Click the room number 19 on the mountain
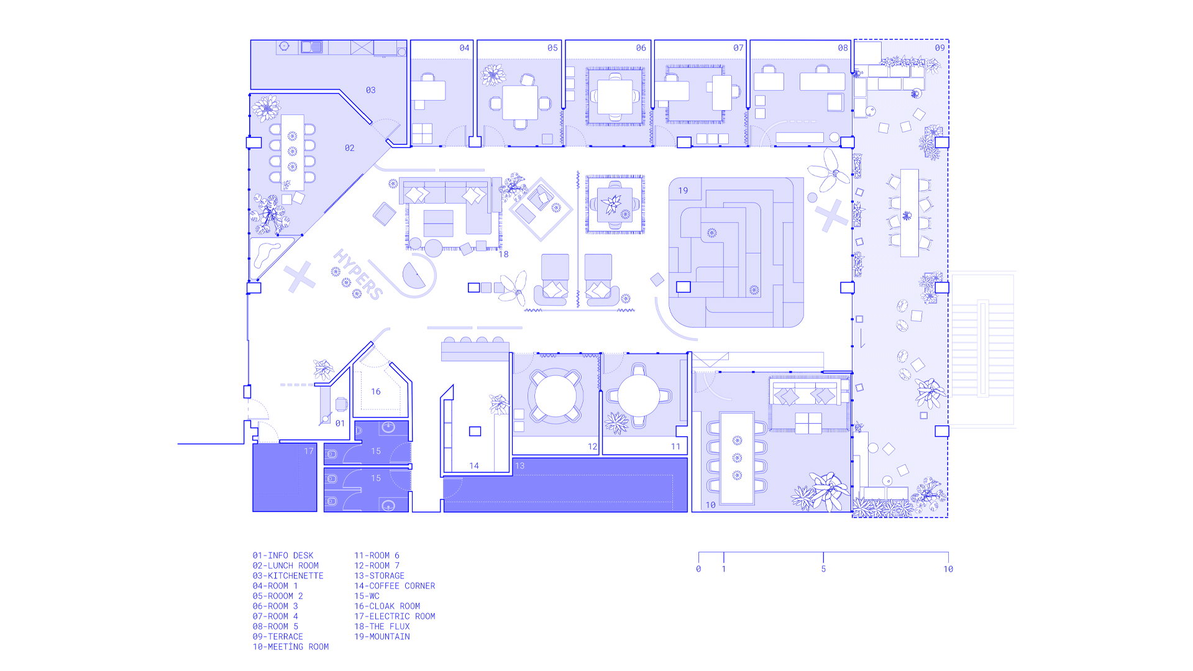tap(683, 191)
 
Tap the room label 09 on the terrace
tap(939, 48)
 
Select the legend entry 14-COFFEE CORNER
tap(395, 586)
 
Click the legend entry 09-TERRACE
tap(278, 637)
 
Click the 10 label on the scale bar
tap(948, 569)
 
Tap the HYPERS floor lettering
tap(357, 274)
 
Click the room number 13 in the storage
tap(519, 465)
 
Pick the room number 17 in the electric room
tap(309, 451)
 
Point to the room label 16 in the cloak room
tap(376, 391)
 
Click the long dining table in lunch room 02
tap(293, 152)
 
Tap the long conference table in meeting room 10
tap(738, 458)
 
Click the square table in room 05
tap(520, 103)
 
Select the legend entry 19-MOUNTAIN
tap(382, 637)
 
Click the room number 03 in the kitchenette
tap(370, 90)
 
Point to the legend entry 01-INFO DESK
tap(283, 555)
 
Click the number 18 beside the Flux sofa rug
tap(503, 254)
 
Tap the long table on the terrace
tap(910, 213)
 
